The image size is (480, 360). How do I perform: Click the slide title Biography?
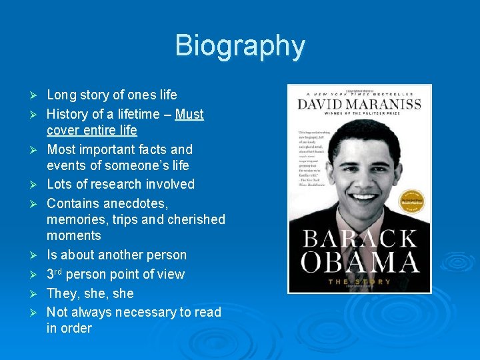(240, 46)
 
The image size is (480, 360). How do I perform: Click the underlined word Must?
(189, 115)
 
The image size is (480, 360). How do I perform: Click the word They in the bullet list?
(61, 293)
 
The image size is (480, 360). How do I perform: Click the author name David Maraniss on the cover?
(359, 105)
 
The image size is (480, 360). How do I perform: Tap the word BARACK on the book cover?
(360, 239)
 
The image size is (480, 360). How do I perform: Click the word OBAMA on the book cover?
(360, 263)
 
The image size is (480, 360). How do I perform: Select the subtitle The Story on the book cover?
(360, 282)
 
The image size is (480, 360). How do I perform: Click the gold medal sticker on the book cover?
(411, 201)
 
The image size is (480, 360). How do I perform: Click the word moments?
(74, 235)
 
